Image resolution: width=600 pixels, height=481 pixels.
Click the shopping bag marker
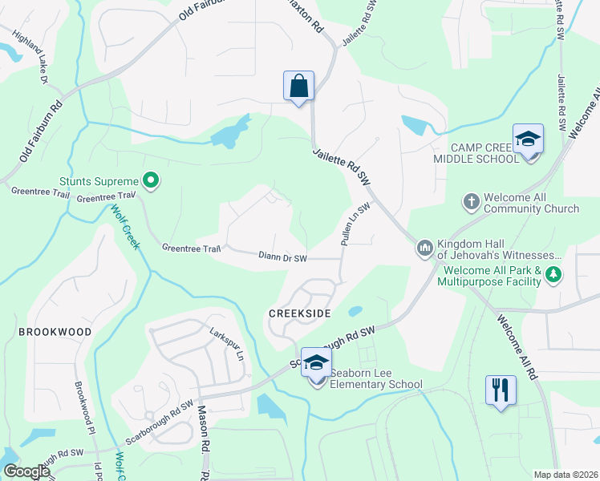[298, 86]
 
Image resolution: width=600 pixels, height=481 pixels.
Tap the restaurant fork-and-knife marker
[501, 390]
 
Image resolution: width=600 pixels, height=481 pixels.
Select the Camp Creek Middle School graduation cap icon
[529, 139]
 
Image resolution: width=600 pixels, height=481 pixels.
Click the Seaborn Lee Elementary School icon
[316, 363]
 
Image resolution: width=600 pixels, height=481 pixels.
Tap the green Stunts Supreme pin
[148, 181]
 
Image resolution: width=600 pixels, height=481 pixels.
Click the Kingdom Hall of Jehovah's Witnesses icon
[424, 249]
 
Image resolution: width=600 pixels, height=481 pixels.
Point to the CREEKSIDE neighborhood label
[300, 313]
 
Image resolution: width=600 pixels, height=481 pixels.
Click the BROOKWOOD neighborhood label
[55, 331]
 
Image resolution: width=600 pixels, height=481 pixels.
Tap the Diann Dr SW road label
[283, 258]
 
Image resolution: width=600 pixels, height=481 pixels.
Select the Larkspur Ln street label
[225, 340]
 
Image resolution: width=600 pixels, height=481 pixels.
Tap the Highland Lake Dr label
[30, 56]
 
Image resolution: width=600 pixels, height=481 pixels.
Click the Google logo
[26, 471]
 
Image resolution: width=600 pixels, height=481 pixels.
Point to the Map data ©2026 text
[566, 475]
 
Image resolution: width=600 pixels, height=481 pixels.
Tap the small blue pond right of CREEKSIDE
[355, 311]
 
